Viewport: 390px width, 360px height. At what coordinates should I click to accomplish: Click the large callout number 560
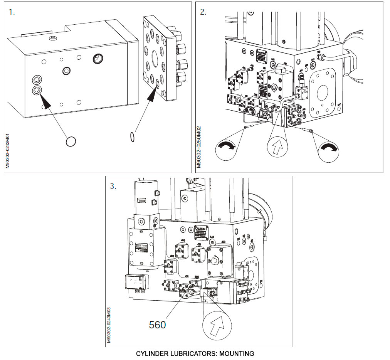tap(157, 325)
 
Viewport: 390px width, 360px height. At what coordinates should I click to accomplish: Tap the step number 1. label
tap(12, 12)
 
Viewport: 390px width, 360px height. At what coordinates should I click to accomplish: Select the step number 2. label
tap(203, 12)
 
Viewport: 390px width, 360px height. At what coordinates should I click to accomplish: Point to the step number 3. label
tap(113, 186)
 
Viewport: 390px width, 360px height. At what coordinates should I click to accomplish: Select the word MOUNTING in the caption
tap(237, 353)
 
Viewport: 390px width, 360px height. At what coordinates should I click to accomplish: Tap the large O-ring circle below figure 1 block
tap(71, 141)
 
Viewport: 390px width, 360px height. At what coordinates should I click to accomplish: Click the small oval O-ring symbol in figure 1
tap(133, 136)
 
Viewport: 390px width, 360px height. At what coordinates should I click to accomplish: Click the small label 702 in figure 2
tap(318, 52)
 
